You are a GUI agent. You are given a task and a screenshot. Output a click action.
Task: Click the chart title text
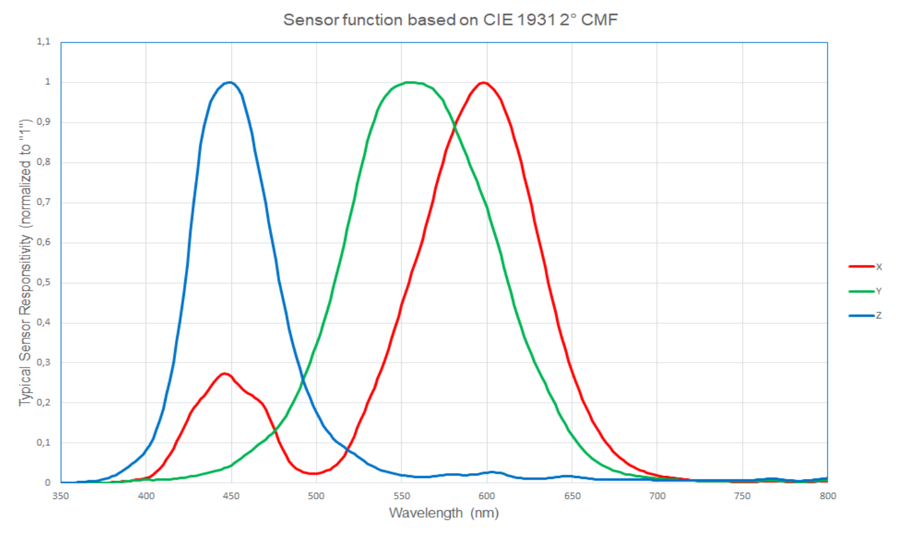pos(451,20)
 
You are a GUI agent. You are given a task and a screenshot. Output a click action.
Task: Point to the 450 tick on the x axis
pos(231,495)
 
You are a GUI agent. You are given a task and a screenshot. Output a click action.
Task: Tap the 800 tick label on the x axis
pos(827,495)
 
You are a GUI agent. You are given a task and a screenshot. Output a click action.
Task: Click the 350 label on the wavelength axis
pos(61,495)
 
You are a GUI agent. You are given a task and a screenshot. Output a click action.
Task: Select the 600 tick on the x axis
pos(487,495)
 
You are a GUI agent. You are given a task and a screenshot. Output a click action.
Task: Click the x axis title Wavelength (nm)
pos(444,513)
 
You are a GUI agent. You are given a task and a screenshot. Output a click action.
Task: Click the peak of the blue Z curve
pos(229,82)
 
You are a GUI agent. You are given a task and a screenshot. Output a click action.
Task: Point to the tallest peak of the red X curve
pos(484,82)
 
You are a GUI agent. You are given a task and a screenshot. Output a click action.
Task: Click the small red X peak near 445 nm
pos(224,373)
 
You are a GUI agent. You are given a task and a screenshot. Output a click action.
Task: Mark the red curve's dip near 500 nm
pos(315,473)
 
